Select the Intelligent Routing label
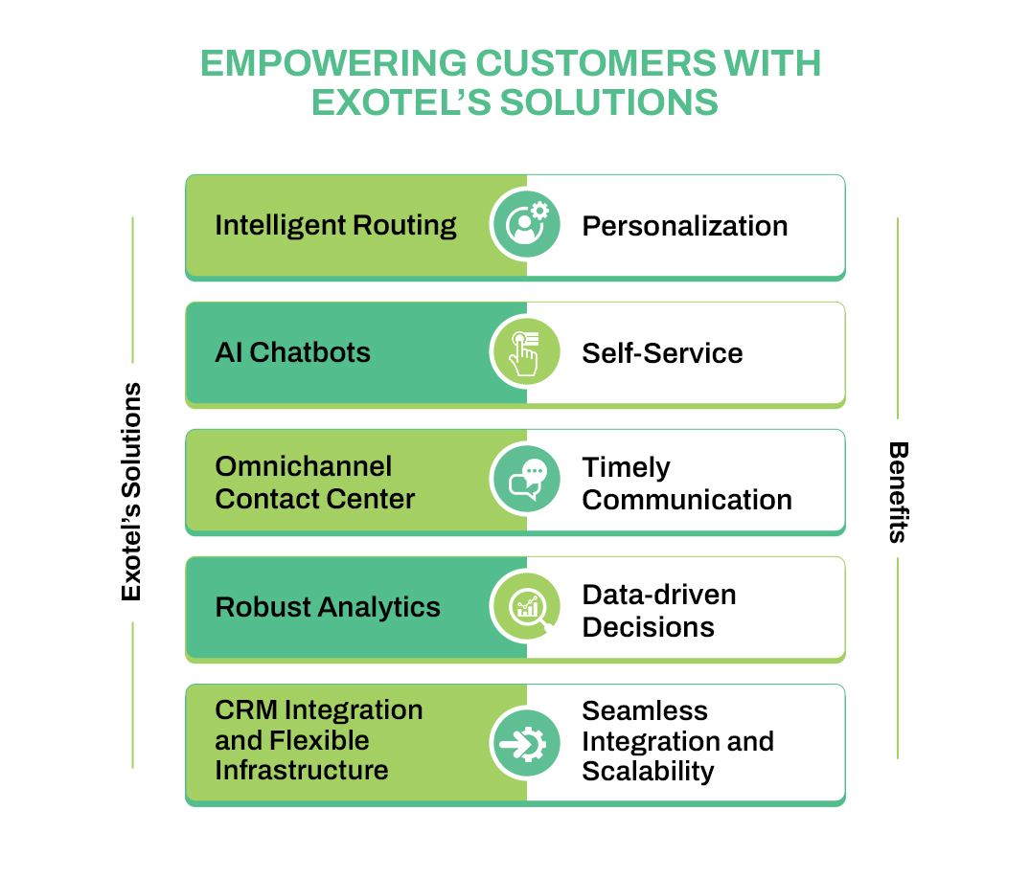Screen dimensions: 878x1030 pos(335,225)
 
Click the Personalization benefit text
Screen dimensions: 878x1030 pos(684,226)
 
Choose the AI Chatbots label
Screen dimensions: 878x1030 pos(292,352)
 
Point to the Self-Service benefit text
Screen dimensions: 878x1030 pos(662,353)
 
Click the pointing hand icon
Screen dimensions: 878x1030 pos(525,352)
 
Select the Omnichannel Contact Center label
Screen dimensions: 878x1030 pos(314,483)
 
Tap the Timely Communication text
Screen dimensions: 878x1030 pos(686,484)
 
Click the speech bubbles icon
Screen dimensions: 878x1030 pos(525,480)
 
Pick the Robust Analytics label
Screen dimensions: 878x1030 pos(328,607)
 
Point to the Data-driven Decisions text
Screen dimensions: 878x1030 pos(658,611)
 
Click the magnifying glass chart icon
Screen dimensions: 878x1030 pos(525,607)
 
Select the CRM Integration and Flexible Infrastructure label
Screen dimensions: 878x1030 pos(318,740)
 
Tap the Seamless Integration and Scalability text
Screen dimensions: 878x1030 pos(676,741)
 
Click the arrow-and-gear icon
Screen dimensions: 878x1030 pos(525,741)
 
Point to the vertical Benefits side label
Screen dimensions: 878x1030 pos(898,491)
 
